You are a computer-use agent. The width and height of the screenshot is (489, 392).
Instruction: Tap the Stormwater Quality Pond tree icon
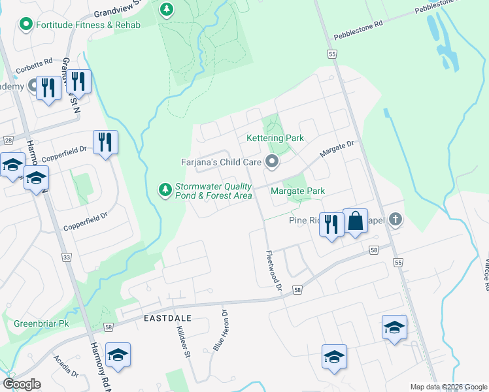point(165,189)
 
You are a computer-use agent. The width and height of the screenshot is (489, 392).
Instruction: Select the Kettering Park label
point(275,139)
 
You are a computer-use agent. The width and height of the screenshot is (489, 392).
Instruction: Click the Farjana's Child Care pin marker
point(273,161)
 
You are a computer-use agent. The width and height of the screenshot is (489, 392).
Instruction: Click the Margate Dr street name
point(336,150)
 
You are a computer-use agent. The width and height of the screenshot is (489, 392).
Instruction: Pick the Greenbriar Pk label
point(41,323)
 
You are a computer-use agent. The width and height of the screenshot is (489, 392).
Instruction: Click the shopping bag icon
point(355,221)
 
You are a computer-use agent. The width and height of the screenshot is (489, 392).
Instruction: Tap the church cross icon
point(394,220)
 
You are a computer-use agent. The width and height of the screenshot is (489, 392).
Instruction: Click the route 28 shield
point(8,140)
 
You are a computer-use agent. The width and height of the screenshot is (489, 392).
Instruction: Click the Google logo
point(22,384)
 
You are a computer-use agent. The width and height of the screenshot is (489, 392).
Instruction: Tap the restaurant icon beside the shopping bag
point(331,225)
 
